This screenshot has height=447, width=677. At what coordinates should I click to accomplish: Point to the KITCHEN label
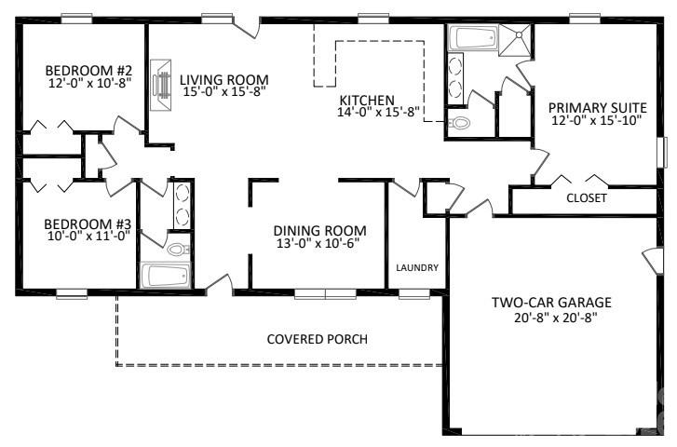point(367,100)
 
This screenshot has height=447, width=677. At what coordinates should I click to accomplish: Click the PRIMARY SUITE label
point(596,106)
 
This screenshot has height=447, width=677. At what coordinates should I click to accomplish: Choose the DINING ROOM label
point(318,230)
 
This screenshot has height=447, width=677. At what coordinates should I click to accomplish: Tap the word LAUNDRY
point(416,267)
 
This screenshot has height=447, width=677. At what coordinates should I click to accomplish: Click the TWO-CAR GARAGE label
point(551,303)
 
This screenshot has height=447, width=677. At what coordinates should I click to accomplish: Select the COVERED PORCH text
point(317,339)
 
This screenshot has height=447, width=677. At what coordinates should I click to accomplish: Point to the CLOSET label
point(587,198)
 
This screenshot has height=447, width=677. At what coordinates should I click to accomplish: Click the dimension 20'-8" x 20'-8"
point(551,318)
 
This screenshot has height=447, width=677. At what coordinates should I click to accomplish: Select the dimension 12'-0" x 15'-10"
point(596,120)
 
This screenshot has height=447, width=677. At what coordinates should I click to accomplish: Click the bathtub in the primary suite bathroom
point(474,39)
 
